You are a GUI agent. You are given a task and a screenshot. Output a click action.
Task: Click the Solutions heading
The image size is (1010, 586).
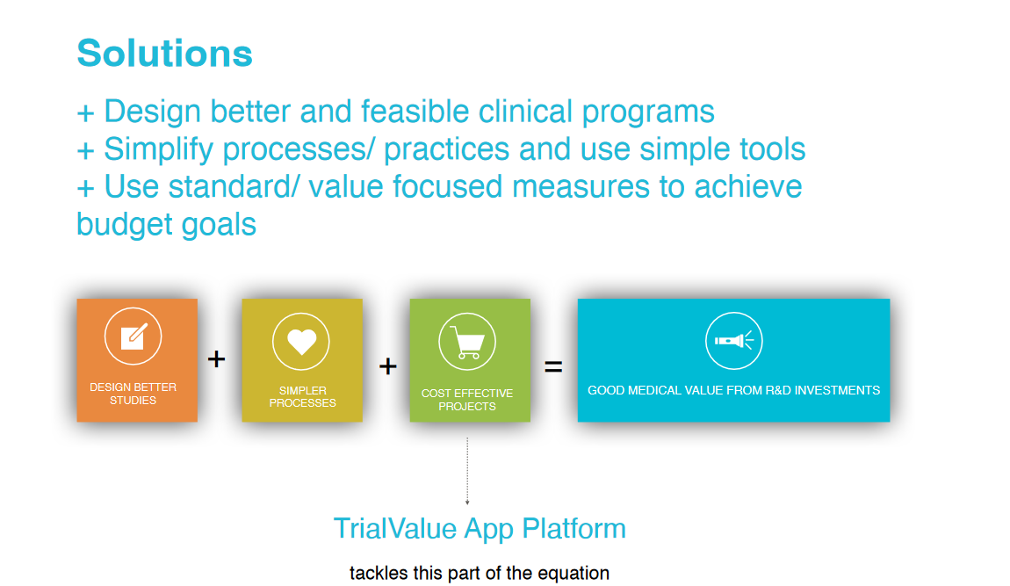coord(164,53)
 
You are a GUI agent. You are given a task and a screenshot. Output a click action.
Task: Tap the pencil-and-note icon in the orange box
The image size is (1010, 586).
coord(133,336)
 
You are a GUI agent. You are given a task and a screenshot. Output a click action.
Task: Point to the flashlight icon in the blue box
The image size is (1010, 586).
coord(734,341)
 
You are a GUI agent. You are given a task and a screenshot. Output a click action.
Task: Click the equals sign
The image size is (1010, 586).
coord(553,367)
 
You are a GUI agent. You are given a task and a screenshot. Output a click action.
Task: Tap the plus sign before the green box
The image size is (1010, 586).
coord(387,366)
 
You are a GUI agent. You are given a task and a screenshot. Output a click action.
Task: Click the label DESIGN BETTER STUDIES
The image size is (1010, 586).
coord(133,394)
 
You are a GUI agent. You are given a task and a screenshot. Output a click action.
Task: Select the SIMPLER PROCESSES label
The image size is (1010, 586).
coord(302,396)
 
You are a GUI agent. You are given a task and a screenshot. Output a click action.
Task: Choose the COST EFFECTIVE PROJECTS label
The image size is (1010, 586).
coord(467,400)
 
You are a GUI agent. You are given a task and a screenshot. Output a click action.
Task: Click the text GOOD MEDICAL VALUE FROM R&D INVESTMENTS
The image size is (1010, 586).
coord(733,390)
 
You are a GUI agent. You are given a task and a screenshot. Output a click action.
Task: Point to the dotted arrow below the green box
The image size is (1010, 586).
coord(467,471)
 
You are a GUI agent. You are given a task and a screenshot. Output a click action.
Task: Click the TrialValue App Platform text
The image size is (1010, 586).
coord(480,529)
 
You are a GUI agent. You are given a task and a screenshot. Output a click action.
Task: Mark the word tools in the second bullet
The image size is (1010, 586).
coord(771,149)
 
